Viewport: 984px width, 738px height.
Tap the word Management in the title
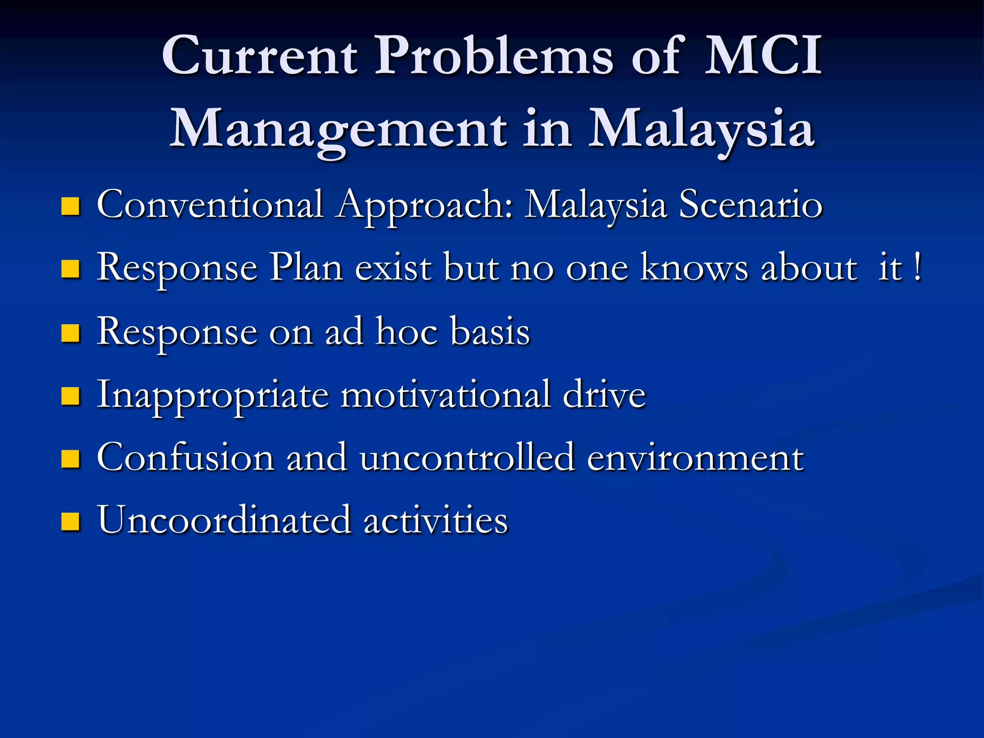(338, 129)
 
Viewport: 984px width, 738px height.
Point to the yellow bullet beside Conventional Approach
(70, 207)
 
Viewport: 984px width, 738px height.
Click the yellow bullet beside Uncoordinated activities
(70, 521)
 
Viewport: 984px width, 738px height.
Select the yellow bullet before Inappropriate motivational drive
(70, 396)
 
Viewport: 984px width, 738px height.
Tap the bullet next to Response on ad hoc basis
(70, 332)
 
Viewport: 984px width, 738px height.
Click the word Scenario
(750, 205)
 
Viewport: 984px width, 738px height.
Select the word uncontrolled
(467, 457)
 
